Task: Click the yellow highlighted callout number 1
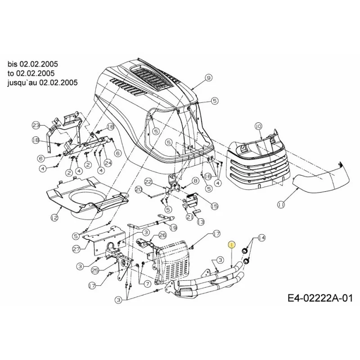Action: (x=232, y=245)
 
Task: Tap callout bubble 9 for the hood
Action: (x=208, y=78)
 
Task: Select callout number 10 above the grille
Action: (x=258, y=126)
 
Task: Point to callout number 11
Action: (x=280, y=204)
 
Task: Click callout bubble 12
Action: (x=54, y=217)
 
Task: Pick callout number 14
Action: (x=262, y=238)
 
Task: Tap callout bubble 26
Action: (x=162, y=235)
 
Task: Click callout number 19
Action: (x=173, y=228)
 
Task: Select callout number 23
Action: (x=36, y=126)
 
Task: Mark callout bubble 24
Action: (x=108, y=162)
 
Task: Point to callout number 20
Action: (x=139, y=189)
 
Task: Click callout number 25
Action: (x=95, y=270)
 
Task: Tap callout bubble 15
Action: (x=215, y=206)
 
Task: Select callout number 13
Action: (x=201, y=222)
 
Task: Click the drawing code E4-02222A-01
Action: (x=320, y=298)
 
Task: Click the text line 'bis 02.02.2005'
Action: (x=32, y=64)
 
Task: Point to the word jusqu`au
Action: (x=22, y=82)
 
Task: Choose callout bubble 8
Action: (x=196, y=181)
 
